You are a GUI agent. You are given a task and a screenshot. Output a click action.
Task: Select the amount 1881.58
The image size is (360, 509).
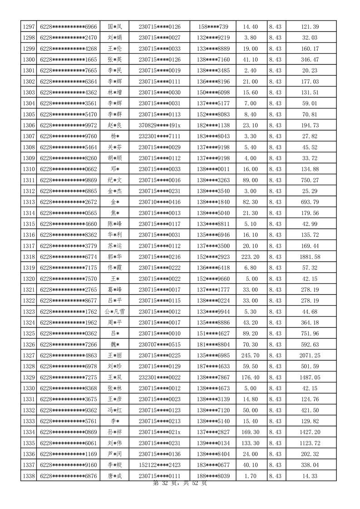(x=310, y=257)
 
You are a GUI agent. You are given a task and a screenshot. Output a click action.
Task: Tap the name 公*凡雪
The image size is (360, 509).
(x=114, y=312)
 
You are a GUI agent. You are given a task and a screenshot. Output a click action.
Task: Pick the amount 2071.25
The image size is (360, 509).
(x=310, y=355)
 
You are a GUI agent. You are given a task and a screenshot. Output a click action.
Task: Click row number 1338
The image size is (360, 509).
(x=28, y=476)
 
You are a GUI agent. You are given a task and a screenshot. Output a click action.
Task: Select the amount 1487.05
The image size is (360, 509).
(x=310, y=377)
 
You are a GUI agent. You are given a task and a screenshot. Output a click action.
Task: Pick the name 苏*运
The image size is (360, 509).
(x=114, y=246)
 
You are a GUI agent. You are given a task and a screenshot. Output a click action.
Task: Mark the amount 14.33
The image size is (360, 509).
(x=310, y=476)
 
